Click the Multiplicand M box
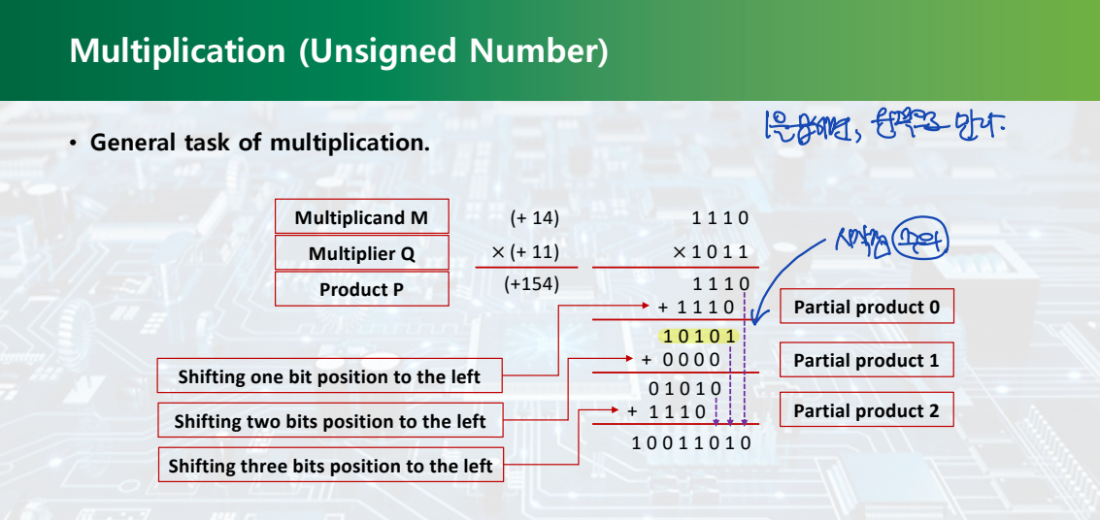click(361, 217)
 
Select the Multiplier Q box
click(361, 253)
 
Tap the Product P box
click(361, 289)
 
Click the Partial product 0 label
click(867, 308)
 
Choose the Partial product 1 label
click(867, 360)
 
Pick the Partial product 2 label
click(867, 410)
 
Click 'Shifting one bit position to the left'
click(329, 376)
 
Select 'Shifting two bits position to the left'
click(330, 421)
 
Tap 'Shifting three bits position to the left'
click(330, 466)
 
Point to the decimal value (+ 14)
click(535, 218)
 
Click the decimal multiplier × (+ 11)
click(525, 252)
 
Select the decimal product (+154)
click(532, 285)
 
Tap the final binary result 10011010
click(690, 443)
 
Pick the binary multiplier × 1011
click(711, 252)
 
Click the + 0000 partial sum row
click(682, 360)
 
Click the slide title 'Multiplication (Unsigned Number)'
click(339, 50)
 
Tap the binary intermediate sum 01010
click(685, 389)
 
